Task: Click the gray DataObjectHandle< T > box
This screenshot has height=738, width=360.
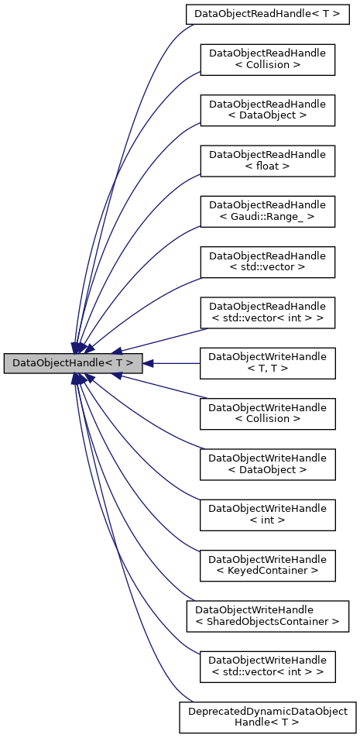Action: pos(73,362)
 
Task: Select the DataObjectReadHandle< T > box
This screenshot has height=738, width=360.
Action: pos(267,14)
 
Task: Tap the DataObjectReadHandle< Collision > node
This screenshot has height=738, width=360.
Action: pos(267,60)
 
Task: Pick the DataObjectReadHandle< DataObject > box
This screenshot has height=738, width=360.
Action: pos(267,110)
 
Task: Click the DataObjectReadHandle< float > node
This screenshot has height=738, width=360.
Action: pos(267,160)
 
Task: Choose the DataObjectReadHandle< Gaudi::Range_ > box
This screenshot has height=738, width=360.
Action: pos(267,211)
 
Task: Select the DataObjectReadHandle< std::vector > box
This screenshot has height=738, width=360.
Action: pos(267,261)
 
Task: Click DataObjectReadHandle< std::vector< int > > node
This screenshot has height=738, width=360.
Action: pos(267,311)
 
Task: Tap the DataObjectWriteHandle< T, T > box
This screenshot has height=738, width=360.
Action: pos(267,362)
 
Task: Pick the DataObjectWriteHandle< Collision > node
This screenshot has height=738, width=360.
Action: pos(267,413)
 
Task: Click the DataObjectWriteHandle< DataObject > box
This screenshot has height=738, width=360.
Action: pos(267,463)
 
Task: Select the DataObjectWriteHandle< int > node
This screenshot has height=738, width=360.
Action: pos(267,513)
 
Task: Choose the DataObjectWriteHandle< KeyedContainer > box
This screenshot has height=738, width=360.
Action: pos(267,564)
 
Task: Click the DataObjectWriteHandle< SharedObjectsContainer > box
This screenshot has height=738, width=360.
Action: pos(267,614)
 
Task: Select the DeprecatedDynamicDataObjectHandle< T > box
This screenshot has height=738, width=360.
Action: pos(267,716)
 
